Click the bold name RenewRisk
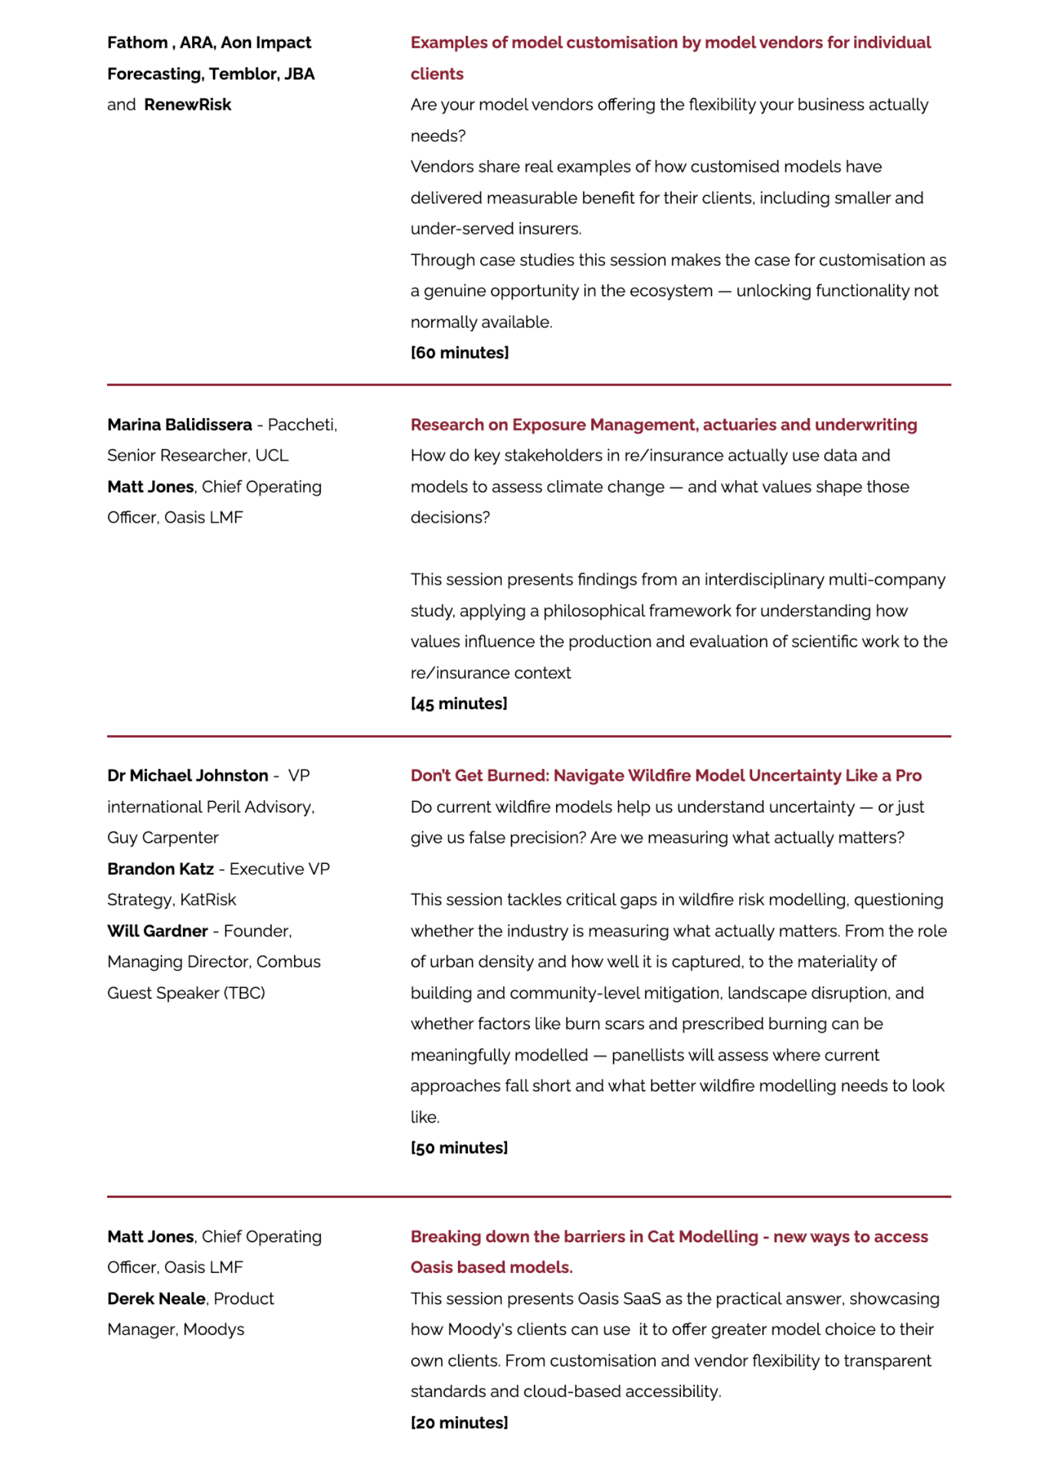188,105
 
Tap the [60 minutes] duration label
459,353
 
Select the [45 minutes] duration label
459,704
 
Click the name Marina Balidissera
180,425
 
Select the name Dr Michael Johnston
188,776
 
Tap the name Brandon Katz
161,869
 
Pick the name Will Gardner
157,931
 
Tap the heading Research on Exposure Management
663,425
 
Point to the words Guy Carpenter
163,838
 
